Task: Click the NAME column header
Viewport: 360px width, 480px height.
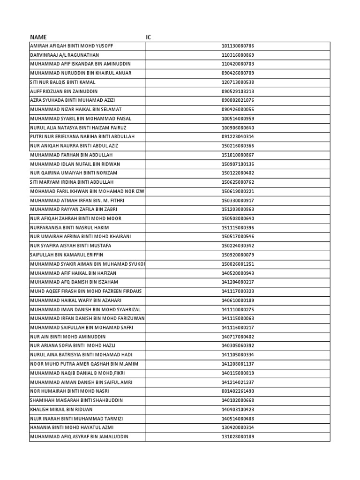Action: (38, 37)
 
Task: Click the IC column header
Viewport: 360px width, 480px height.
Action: (149, 37)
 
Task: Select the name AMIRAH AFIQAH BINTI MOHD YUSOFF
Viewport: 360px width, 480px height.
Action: (72, 46)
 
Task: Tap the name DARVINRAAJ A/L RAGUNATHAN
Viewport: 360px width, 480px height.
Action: (65, 55)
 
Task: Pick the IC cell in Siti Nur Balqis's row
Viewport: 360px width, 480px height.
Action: (238, 82)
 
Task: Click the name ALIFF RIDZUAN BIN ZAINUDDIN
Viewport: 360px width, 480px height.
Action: (64, 91)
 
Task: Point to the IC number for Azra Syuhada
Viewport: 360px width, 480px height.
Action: (238, 100)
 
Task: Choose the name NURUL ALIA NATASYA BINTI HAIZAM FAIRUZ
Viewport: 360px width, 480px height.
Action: (78, 127)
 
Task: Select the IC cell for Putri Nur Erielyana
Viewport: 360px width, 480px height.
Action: (238, 136)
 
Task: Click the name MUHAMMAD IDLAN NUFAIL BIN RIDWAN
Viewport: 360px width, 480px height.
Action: (75, 164)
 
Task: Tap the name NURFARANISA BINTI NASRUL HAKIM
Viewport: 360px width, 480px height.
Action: (70, 227)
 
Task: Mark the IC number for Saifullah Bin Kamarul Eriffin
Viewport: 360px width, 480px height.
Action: (238, 255)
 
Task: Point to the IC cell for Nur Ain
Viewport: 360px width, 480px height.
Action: (238, 337)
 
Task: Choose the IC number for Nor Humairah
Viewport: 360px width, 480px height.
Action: (238, 391)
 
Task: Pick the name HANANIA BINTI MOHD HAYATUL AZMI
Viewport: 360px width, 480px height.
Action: (72, 427)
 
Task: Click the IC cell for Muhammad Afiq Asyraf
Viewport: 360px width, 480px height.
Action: (238, 436)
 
